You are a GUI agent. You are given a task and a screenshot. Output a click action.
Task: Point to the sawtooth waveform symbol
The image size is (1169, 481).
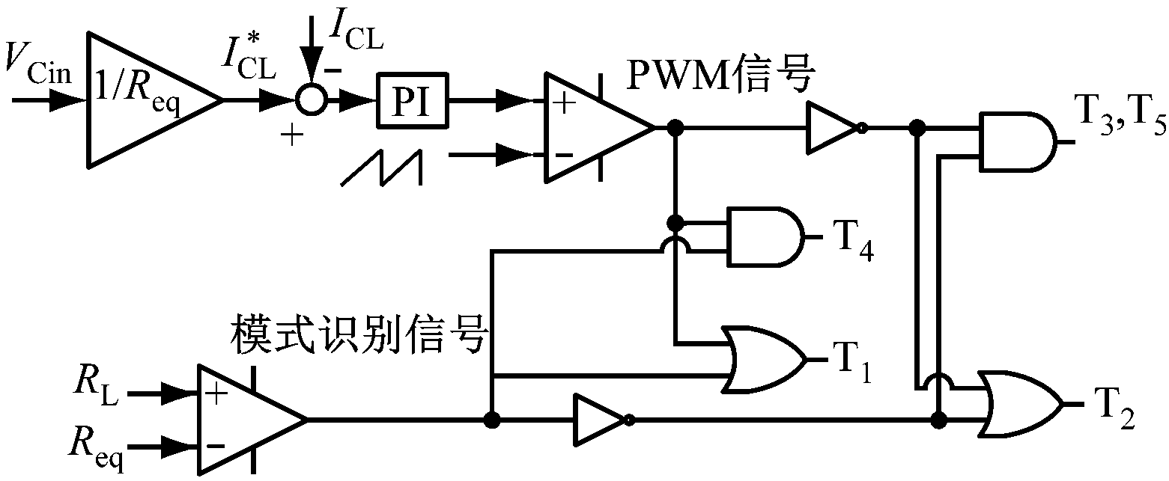[382, 166]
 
